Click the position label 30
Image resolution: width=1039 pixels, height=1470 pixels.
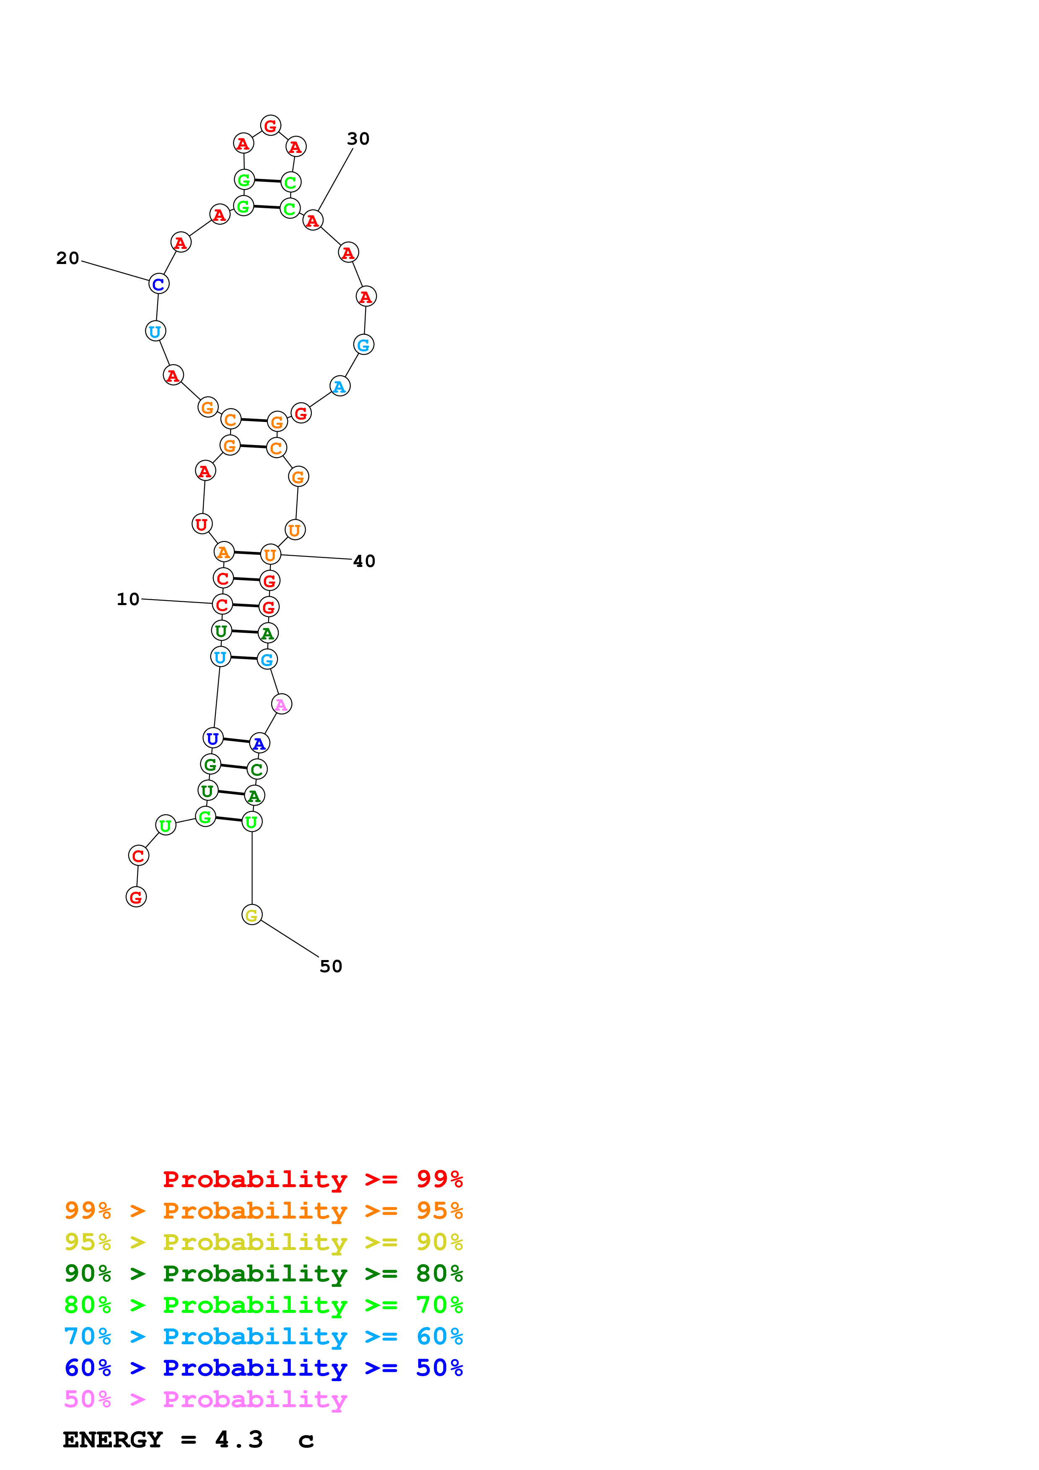(x=358, y=139)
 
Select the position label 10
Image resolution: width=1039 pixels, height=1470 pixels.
(x=127, y=599)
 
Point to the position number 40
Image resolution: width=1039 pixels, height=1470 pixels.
(x=364, y=562)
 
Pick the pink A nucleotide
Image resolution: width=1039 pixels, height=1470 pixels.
(x=281, y=704)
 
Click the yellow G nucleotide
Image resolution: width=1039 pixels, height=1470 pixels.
(x=251, y=915)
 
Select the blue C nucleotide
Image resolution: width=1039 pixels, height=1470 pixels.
(x=158, y=284)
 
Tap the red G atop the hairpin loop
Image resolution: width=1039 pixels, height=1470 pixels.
(x=270, y=125)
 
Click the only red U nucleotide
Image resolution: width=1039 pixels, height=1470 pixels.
(x=202, y=524)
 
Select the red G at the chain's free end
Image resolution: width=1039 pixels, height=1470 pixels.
(x=136, y=897)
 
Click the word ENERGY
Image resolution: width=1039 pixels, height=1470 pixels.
(x=113, y=1439)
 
